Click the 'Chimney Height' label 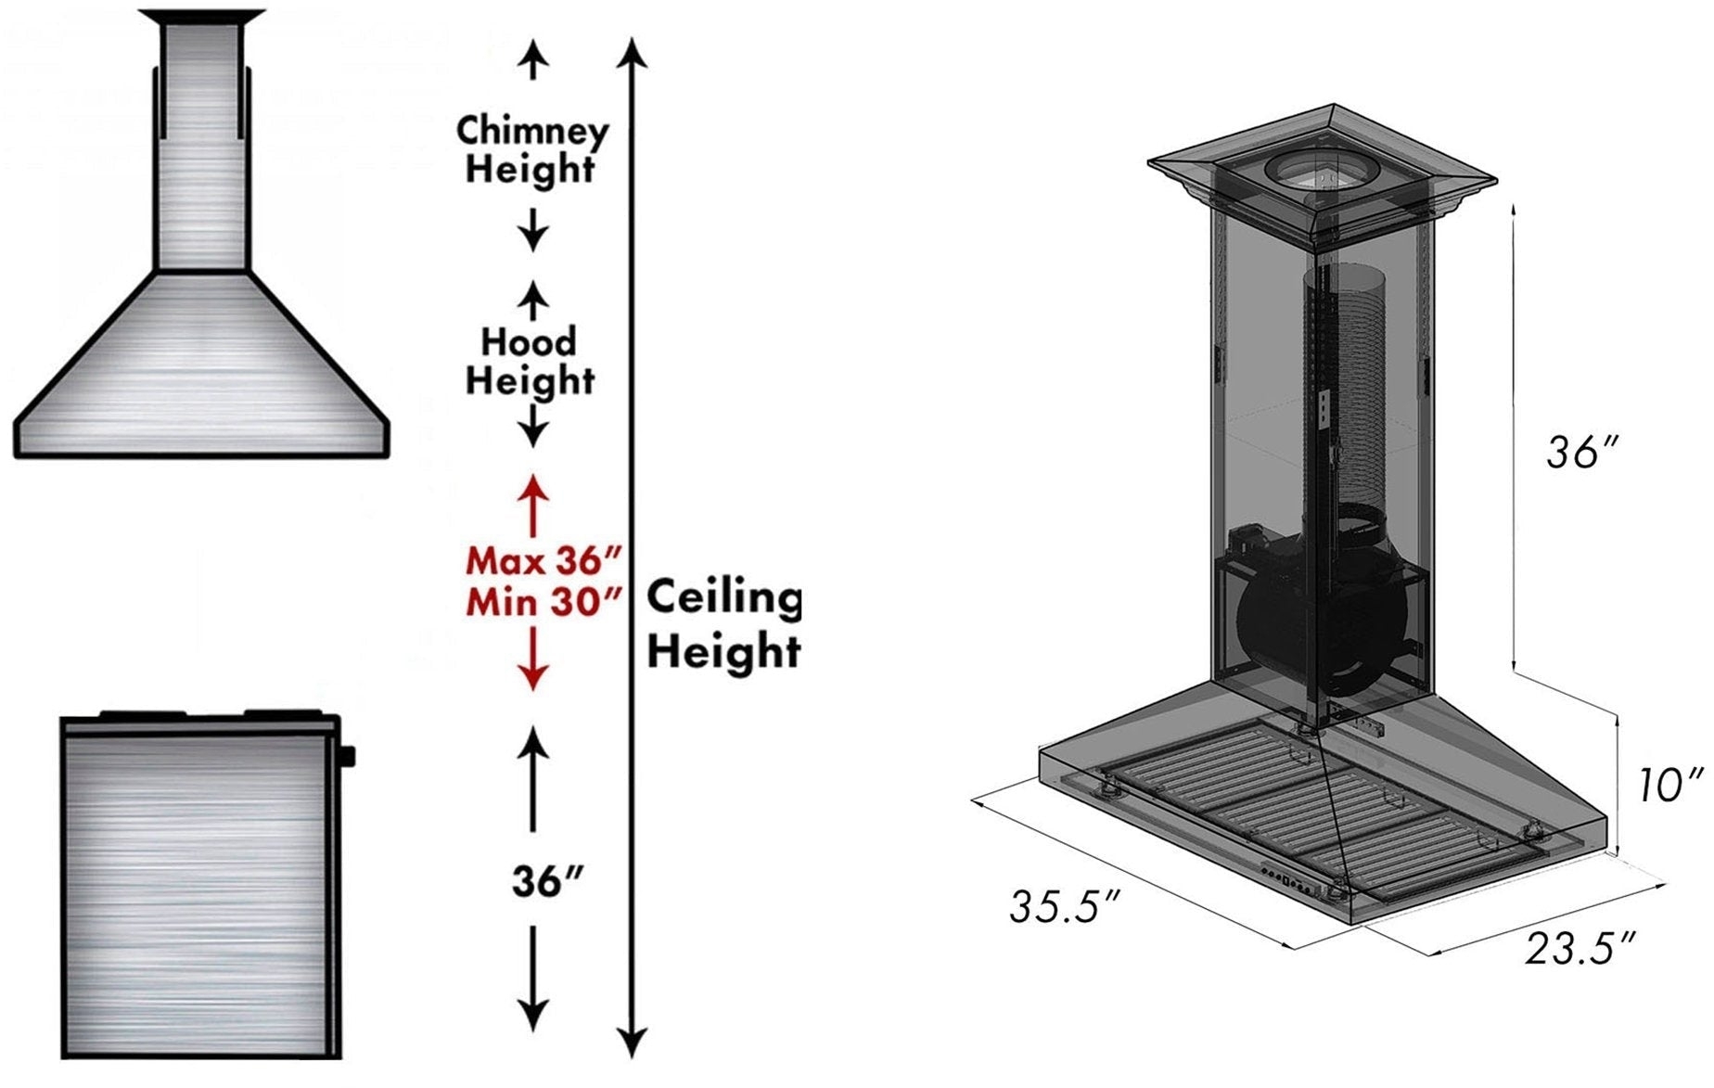pyautogui.click(x=531, y=149)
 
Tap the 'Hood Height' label pyautogui.click(x=530, y=362)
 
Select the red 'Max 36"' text pyautogui.click(x=543, y=561)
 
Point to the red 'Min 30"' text pyautogui.click(x=543, y=602)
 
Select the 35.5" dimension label pyautogui.click(x=1066, y=907)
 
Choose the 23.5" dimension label pyautogui.click(x=1580, y=950)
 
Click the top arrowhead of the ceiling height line pyautogui.click(x=632, y=51)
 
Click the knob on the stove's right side pyautogui.click(x=347, y=757)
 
